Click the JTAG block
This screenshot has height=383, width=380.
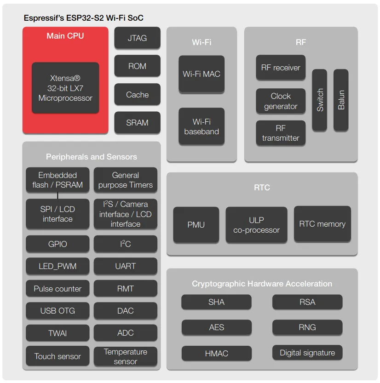tap(137, 38)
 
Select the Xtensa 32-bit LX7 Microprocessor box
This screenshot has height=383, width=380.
tap(65, 88)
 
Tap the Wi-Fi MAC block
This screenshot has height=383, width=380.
tap(202, 74)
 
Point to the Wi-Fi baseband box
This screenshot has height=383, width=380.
tap(202, 126)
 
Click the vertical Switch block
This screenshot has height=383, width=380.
tap(320, 100)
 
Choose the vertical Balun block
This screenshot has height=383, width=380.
tap(341, 100)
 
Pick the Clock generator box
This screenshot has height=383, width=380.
tap(281, 101)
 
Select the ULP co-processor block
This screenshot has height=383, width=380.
tap(256, 225)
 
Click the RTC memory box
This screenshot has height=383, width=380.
tap(322, 224)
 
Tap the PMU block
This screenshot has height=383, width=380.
tap(196, 225)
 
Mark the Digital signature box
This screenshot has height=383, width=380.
tap(307, 353)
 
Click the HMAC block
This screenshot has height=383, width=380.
tap(216, 354)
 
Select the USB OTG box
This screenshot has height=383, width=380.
tap(58, 311)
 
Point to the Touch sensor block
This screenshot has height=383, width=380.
tap(58, 356)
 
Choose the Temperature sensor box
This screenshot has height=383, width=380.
tap(125, 356)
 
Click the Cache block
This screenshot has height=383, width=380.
tap(137, 95)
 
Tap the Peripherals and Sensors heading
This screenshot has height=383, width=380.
tap(91, 157)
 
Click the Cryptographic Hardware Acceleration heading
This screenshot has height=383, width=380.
tap(262, 284)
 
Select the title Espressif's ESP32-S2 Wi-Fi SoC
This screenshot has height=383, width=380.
tap(84, 18)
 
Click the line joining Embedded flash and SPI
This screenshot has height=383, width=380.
tap(58, 195)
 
